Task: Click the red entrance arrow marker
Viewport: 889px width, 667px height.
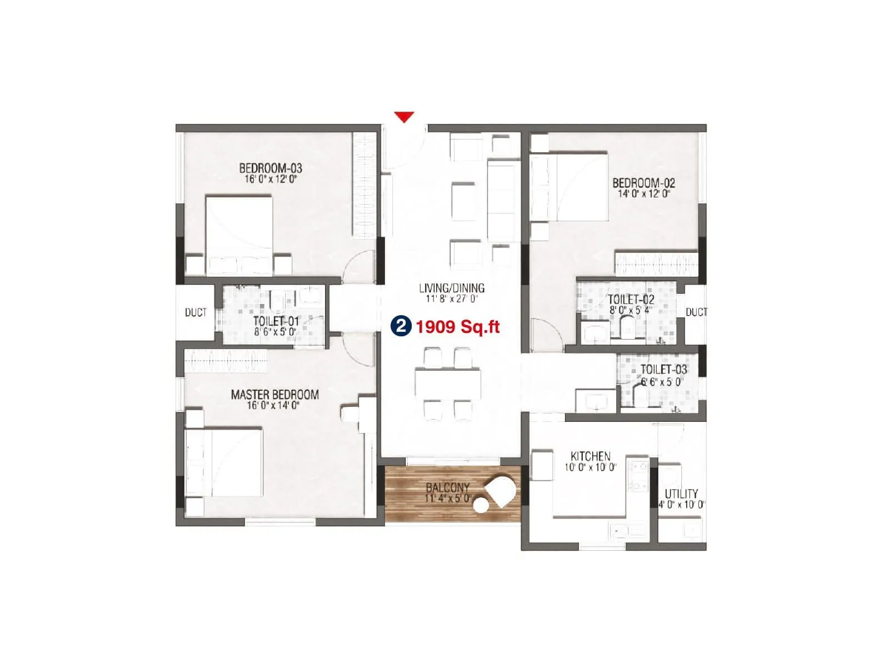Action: click(x=404, y=117)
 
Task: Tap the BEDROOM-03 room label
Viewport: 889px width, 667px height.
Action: click(x=271, y=167)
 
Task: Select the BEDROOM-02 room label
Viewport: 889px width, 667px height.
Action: click(x=643, y=182)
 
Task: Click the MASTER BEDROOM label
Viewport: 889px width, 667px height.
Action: click(x=274, y=394)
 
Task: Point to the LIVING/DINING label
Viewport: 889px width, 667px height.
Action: click(x=451, y=288)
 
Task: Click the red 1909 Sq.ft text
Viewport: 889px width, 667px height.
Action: click(x=458, y=327)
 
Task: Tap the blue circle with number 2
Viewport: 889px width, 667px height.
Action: click(x=401, y=326)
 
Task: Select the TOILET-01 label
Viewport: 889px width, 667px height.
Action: click(x=276, y=321)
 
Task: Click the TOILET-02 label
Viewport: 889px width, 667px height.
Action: click(x=631, y=300)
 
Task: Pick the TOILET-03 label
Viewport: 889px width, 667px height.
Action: click(x=663, y=370)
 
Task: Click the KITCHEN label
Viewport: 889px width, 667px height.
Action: click(x=590, y=456)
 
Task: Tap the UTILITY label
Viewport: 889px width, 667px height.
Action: click(x=681, y=494)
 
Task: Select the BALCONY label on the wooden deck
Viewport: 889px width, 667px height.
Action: click(x=447, y=487)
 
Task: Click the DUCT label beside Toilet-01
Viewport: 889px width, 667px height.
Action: click(x=196, y=312)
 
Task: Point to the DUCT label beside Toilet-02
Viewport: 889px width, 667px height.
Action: click(x=696, y=312)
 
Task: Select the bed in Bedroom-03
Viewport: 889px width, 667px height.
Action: click(x=239, y=233)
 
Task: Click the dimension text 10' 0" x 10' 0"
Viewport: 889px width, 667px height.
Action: click(x=590, y=467)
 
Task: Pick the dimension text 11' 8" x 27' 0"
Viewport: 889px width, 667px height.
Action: click(x=451, y=298)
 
